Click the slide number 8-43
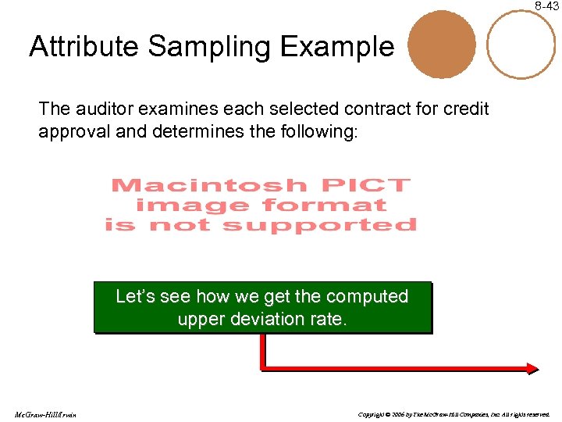[546, 6]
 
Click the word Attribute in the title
[84, 47]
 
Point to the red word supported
[320, 226]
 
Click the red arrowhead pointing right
[534, 367]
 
